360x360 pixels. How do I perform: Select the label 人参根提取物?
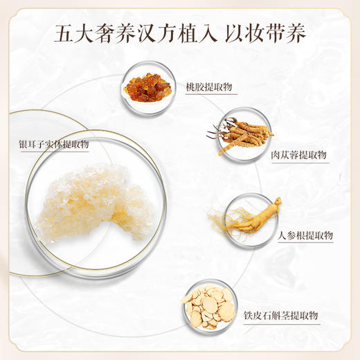tap(305, 235)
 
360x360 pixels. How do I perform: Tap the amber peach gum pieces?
tap(147, 87)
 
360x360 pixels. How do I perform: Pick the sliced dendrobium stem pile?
tap(208, 307)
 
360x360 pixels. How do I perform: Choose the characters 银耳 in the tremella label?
tap(30, 145)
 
